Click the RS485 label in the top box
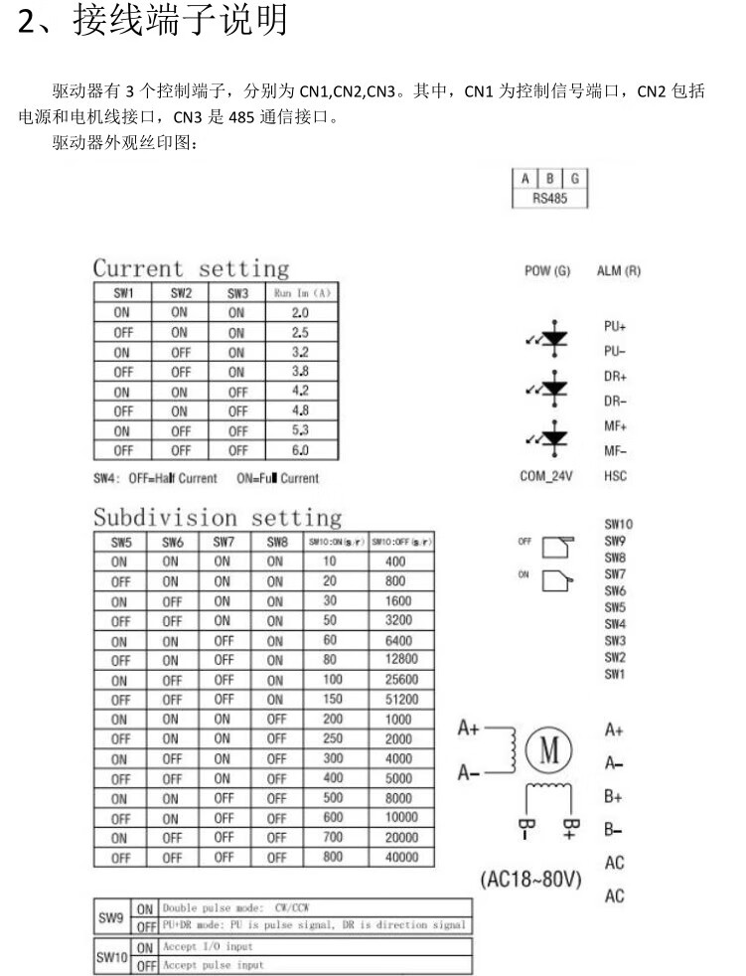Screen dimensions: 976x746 click(549, 198)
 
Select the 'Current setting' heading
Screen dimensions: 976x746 click(191, 268)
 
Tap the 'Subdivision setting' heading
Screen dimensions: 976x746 click(218, 518)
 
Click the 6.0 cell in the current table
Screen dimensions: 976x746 click(300, 450)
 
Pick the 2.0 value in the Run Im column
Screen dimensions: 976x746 click(300, 312)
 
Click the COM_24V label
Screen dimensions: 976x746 click(547, 477)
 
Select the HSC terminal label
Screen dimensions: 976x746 click(615, 477)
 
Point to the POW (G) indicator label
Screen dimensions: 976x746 click(547, 271)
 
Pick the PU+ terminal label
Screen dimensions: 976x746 click(615, 326)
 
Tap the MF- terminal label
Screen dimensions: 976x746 click(615, 450)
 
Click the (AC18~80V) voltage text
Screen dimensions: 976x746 click(530, 881)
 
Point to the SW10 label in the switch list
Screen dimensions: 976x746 click(618, 524)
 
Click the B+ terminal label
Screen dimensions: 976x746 click(613, 797)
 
